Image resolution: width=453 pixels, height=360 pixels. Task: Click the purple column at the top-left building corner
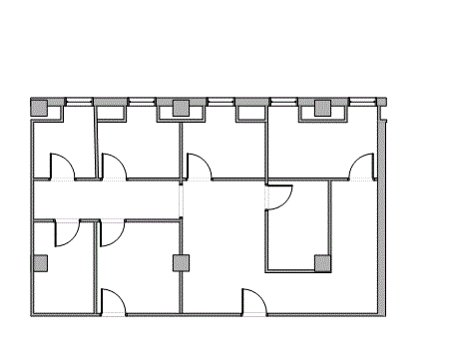(40, 108)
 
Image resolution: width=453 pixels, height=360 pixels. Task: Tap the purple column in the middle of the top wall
(181, 109)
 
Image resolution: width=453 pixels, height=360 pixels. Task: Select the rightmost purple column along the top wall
(322, 109)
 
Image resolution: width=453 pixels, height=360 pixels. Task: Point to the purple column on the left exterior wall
(40, 263)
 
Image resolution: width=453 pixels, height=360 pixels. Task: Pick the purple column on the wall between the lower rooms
(181, 263)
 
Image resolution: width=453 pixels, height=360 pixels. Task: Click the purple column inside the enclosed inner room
(322, 263)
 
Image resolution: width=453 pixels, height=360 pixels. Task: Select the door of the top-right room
(361, 167)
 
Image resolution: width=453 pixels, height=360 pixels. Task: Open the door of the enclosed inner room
(277, 197)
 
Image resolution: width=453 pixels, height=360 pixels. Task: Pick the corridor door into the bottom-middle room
(110, 231)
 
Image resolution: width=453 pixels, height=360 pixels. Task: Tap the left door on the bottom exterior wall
(113, 302)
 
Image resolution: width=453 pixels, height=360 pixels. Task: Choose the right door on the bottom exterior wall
(254, 302)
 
